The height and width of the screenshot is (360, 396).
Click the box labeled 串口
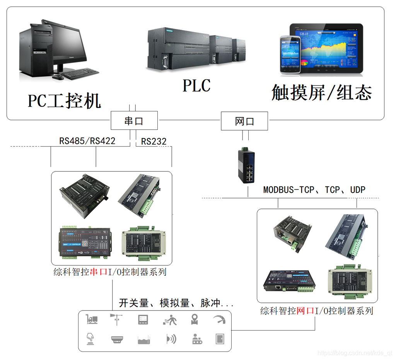[x=134, y=121]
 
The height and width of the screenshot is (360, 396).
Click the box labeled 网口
[x=244, y=121]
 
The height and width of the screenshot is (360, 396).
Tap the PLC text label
[x=196, y=85]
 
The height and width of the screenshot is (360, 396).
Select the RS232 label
[x=154, y=142]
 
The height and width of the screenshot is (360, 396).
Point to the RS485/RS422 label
[x=87, y=141]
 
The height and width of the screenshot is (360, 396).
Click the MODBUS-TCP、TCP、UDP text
[x=314, y=189]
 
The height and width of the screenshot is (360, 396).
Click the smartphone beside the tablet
[x=290, y=54]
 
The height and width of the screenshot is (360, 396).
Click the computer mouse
[x=58, y=77]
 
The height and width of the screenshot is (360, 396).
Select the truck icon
[x=92, y=319]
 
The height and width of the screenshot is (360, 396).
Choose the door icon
[x=220, y=339]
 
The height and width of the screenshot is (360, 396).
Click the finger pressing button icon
[x=91, y=339]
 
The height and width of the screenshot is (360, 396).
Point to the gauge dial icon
[x=219, y=319]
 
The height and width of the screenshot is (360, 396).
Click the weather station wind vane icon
[x=116, y=319]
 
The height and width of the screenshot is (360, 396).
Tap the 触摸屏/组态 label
[x=321, y=93]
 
